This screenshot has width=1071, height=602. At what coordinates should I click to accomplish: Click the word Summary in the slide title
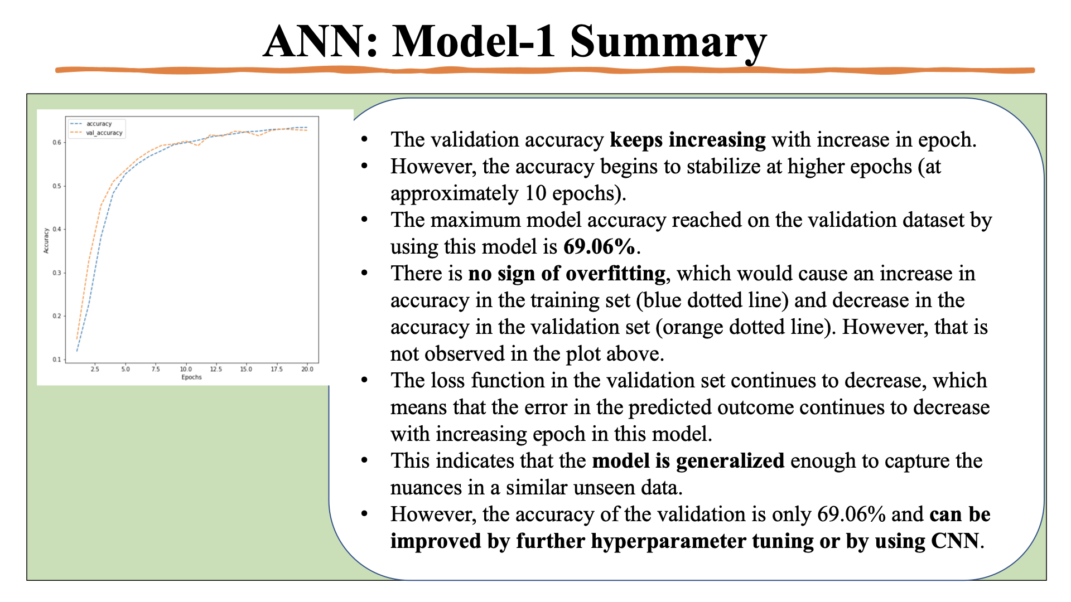point(668,42)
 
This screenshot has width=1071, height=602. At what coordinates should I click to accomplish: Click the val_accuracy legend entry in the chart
point(104,133)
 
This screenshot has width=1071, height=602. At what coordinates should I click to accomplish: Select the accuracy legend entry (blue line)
point(99,124)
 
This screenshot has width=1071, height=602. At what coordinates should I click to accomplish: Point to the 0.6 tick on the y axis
point(57,143)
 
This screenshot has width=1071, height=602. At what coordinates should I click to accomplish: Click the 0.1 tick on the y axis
point(57,360)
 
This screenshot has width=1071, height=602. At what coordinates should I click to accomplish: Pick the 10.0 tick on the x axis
point(186,369)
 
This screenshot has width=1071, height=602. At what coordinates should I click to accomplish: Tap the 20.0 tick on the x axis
point(307,369)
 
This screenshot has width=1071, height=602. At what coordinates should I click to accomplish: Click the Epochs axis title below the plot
point(191,377)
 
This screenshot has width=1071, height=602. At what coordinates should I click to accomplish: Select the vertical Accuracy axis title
point(46,241)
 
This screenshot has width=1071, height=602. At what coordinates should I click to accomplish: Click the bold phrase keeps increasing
point(687,139)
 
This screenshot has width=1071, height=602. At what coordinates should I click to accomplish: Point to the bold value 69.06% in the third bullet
point(599,246)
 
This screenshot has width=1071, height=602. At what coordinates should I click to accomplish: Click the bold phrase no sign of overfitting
point(566,273)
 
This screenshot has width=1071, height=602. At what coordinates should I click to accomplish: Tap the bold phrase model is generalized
point(688,461)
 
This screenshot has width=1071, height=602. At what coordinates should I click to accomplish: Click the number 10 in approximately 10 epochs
point(535,193)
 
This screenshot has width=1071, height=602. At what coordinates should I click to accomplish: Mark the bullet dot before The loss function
point(364,380)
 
